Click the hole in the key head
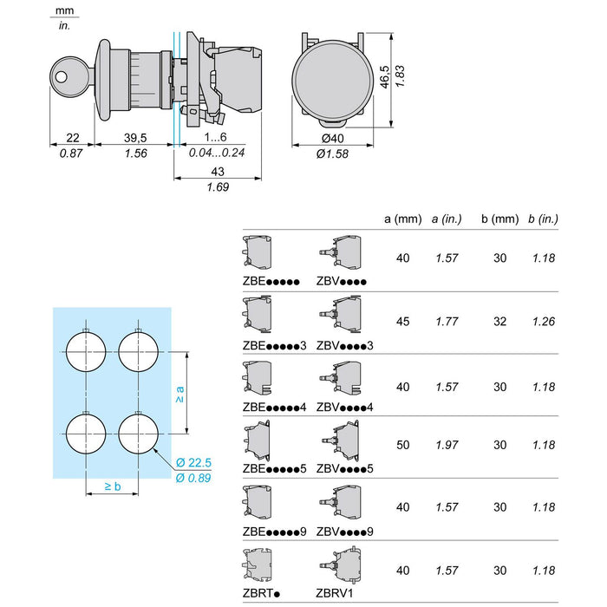pyautogui.click(x=62, y=76)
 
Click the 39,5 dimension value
pyautogui.click(x=135, y=137)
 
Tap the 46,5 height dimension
pyautogui.click(x=384, y=76)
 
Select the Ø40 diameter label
pyautogui.click(x=332, y=138)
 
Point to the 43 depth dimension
pyautogui.click(x=218, y=172)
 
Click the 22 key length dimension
pyautogui.click(x=72, y=137)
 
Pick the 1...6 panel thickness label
pyautogui.click(x=216, y=137)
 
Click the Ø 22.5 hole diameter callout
pyautogui.click(x=193, y=462)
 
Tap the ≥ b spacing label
pyautogui.click(x=113, y=486)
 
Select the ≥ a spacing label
pyautogui.click(x=179, y=394)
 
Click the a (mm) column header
pyautogui.click(x=403, y=219)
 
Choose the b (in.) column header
pyautogui.click(x=543, y=219)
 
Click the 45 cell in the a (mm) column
pyautogui.click(x=402, y=322)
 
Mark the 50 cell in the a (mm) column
pyautogui.click(x=402, y=445)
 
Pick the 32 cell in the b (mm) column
pyautogui.click(x=499, y=322)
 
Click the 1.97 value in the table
pyautogui.click(x=447, y=445)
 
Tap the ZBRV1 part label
pyautogui.click(x=335, y=593)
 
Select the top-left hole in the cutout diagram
pyautogui.click(x=86, y=352)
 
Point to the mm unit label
pyautogui.click(x=65, y=10)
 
